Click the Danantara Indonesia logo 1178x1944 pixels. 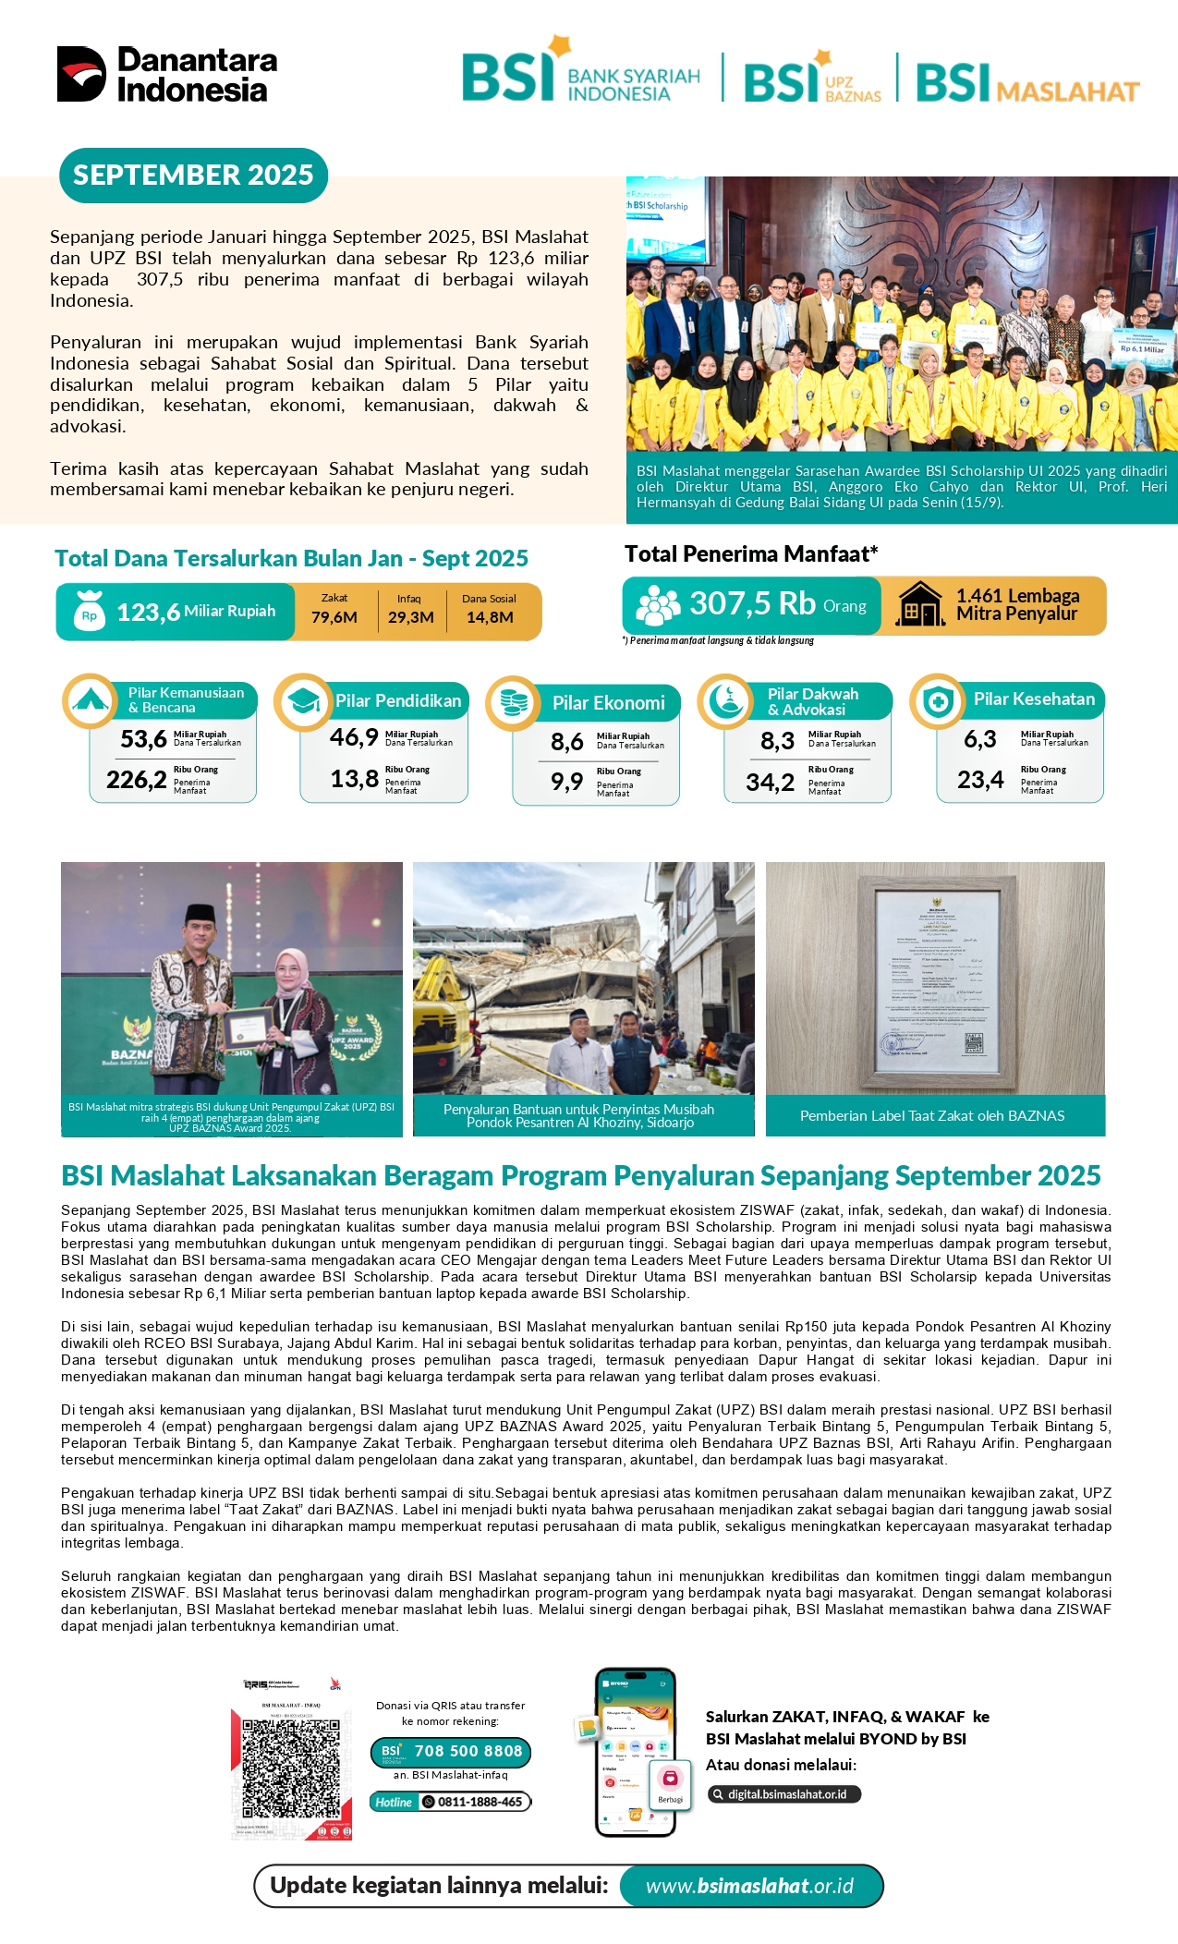tap(167, 74)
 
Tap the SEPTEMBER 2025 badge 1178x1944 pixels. tap(193, 175)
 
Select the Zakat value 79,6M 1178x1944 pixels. tap(334, 616)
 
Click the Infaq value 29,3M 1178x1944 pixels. tap(410, 616)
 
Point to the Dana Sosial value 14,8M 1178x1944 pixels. tap(490, 616)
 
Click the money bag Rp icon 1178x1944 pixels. tap(89, 611)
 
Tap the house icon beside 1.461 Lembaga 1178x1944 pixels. tap(920, 605)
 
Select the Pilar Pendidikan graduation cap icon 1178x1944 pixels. tap(302, 703)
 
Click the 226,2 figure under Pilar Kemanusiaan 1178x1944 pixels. tap(137, 780)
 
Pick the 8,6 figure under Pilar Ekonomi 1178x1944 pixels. tap(567, 742)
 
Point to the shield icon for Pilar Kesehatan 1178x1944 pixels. tap(938, 702)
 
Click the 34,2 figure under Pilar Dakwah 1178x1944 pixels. tap(770, 783)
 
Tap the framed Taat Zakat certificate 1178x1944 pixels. tap(936, 978)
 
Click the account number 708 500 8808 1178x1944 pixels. tap(468, 1751)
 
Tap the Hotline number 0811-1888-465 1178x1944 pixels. tap(479, 1802)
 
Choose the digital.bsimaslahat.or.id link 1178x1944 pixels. tap(785, 1794)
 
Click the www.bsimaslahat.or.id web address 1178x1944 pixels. tap(749, 1886)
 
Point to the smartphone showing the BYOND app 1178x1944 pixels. tap(636, 1752)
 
